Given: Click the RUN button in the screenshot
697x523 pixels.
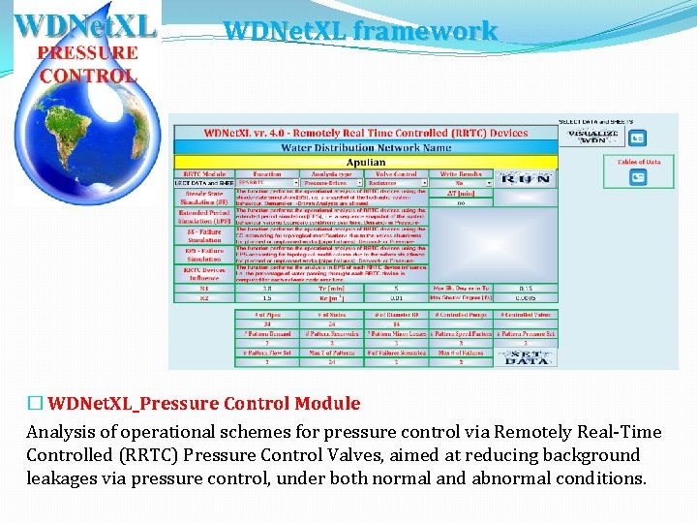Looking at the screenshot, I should click(527, 178).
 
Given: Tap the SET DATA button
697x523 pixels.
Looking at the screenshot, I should click(527, 356).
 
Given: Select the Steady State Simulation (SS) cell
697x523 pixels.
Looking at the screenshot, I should click(203, 199).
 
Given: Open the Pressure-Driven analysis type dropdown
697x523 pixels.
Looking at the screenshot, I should click(332, 182).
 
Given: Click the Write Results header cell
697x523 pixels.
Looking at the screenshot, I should click(461, 173).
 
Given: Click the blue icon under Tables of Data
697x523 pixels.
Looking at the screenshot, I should click(638, 176).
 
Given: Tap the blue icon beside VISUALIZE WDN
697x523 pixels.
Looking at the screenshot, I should click(639, 137).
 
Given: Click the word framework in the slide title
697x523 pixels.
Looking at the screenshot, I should click(425, 31).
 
